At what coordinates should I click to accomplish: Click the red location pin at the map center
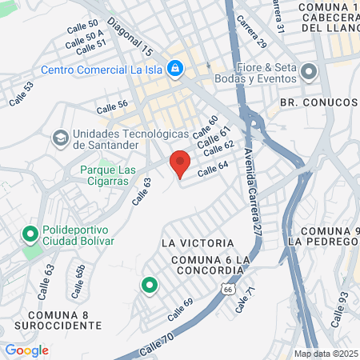tap(180, 162)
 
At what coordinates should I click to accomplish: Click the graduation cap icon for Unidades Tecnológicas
tap(60, 138)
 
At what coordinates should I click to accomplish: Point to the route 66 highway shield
tap(230, 290)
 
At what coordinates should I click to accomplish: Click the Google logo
tap(26, 350)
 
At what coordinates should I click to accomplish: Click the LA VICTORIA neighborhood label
tap(197, 242)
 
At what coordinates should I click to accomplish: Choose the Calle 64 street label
tap(213, 170)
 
